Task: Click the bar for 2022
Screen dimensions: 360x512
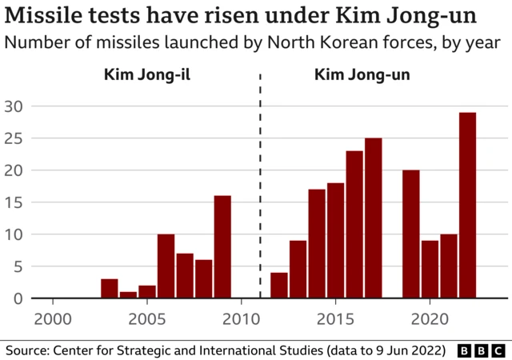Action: click(467, 206)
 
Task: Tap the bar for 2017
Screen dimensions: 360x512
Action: click(373, 218)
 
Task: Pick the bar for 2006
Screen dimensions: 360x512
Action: click(166, 266)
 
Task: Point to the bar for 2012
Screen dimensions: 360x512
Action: click(279, 286)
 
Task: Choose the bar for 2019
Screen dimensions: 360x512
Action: click(411, 234)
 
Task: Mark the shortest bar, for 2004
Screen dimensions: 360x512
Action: click(129, 295)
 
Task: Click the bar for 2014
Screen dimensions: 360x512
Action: click(317, 244)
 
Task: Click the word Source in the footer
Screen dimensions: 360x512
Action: click(26, 350)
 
